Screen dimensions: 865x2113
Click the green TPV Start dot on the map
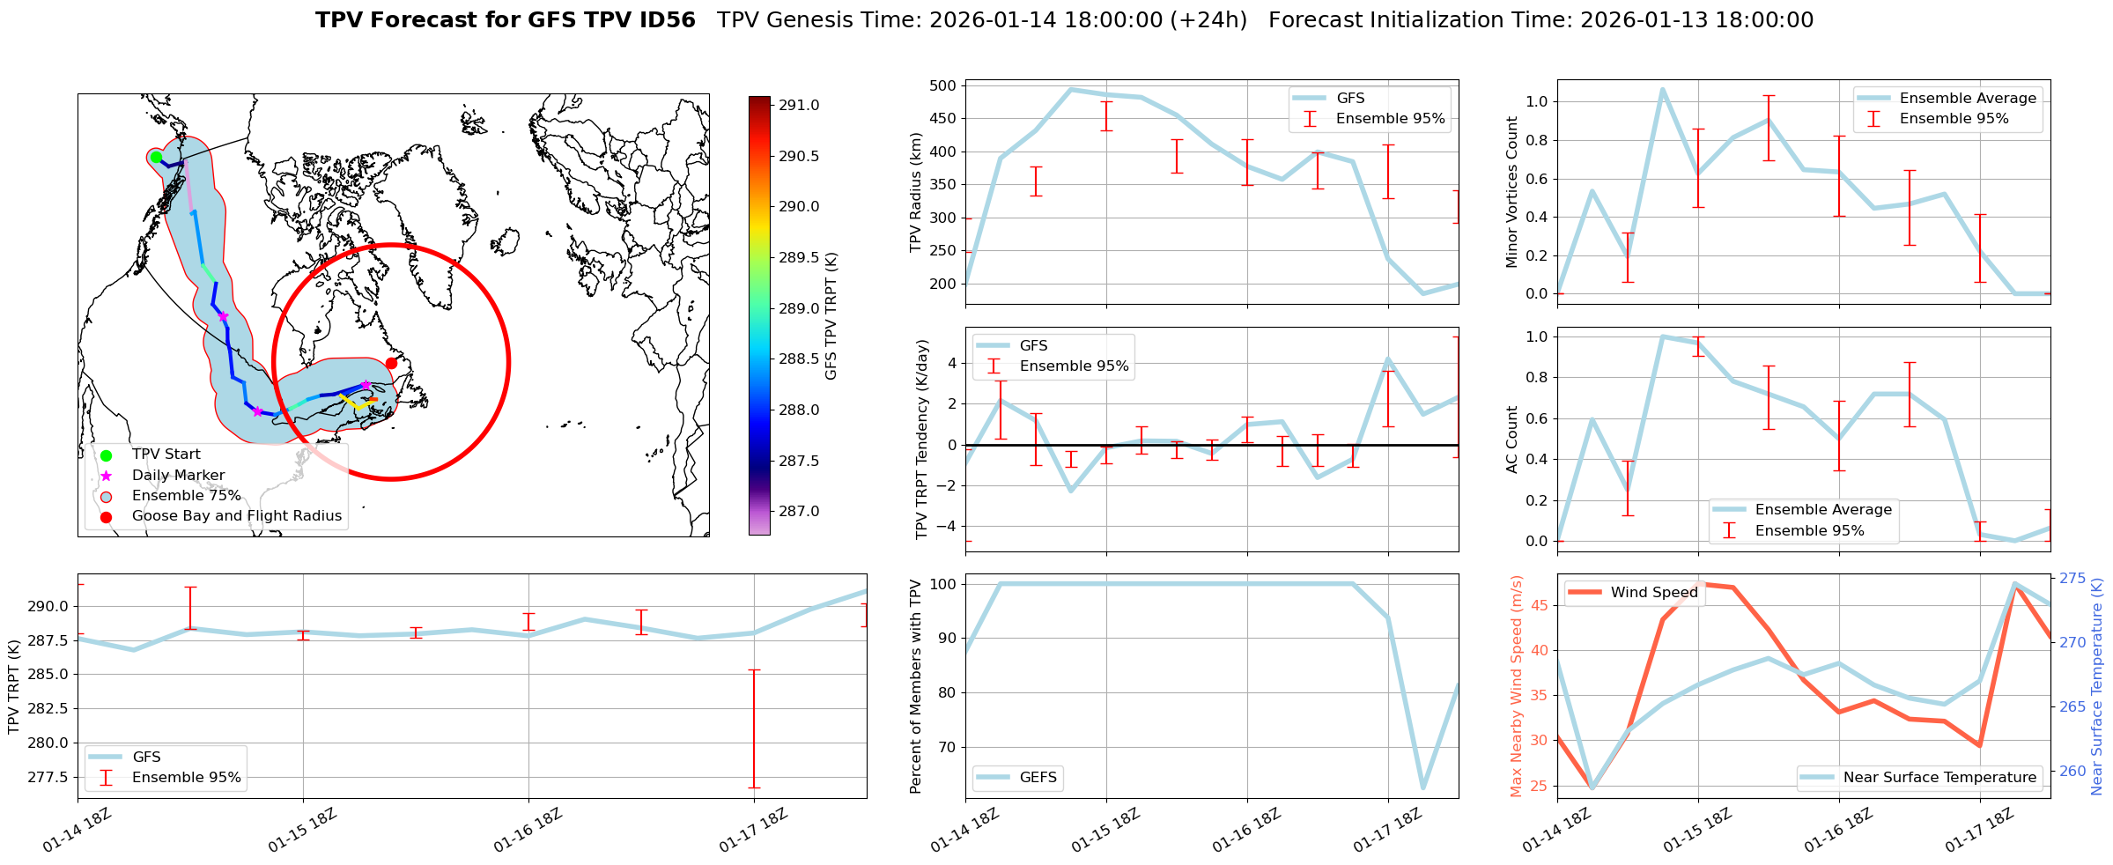pyautogui.click(x=156, y=157)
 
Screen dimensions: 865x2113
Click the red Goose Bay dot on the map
pyautogui.click(x=392, y=363)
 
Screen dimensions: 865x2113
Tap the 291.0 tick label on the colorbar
pyautogui.click(x=798, y=106)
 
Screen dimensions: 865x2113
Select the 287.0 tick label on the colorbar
pyautogui.click(x=798, y=512)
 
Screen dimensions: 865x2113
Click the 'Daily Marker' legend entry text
pyautogui.click(x=178, y=476)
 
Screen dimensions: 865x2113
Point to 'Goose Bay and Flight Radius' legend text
pyautogui.click(x=236, y=516)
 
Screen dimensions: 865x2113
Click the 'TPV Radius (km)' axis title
pyautogui.click(x=916, y=192)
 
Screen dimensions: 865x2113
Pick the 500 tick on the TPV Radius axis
pyautogui.click(x=943, y=86)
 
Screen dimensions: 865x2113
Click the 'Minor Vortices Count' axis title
pyautogui.click(x=1512, y=192)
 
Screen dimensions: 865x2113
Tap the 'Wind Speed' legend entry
pyautogui.click(x=1653, y=593)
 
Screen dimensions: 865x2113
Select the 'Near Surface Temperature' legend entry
pyautogui.click(x=1939, y=777)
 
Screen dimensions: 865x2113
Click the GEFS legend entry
pyautogui.click(x=1038, y=777)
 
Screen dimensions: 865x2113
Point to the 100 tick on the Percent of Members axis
pyautogui.click(x=943, y=584)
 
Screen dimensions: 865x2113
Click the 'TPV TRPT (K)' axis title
pyautogui.click(x=13, y=687)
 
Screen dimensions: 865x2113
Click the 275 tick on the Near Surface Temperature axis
pyautogui.click(x=2072, y=579)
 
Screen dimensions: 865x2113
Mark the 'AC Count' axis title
pyautogui.click(x=1512, y=440)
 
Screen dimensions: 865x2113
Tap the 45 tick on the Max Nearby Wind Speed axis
pyautogui.click(x=1540, y=605)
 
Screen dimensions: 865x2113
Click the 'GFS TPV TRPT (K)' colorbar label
pyautogui.click(x=831, y=316)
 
